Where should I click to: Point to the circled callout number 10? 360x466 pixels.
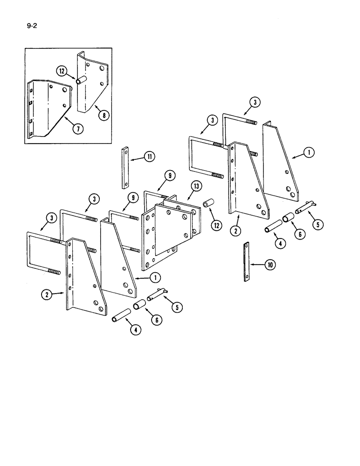tap(270, 265)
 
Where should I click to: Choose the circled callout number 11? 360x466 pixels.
tap(149, 157)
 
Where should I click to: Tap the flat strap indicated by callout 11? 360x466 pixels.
tap(125, 168)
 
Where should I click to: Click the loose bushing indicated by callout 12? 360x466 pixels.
tap(208, 206)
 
